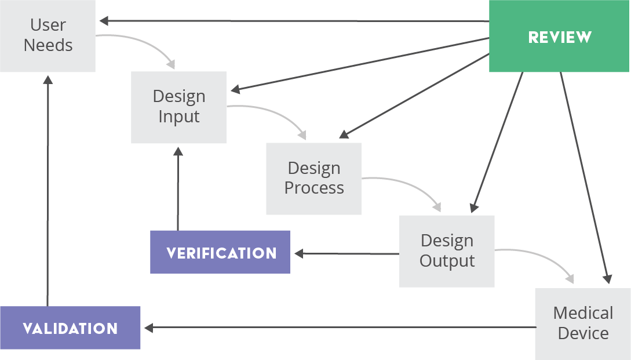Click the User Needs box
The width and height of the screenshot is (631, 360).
[x=48, y=35]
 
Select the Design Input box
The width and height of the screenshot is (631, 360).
[x=178, y=107]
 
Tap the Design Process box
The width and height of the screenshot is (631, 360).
[x=313, y=179]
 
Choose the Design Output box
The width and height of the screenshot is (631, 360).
[x=447, y=251]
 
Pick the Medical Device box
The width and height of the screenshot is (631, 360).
[x=582, y=323]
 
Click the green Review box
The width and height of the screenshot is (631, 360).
[x=559, y=37]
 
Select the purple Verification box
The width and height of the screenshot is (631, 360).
[x=220, y=252]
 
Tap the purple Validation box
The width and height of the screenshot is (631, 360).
[x=70, y=328]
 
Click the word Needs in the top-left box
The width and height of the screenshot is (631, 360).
[x=48, y=45]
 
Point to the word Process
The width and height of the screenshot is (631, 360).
[x=314, y=188]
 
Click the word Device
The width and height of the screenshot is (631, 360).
[x=583, y=333]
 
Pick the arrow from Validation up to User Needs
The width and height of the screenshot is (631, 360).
[x=48, y=191]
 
